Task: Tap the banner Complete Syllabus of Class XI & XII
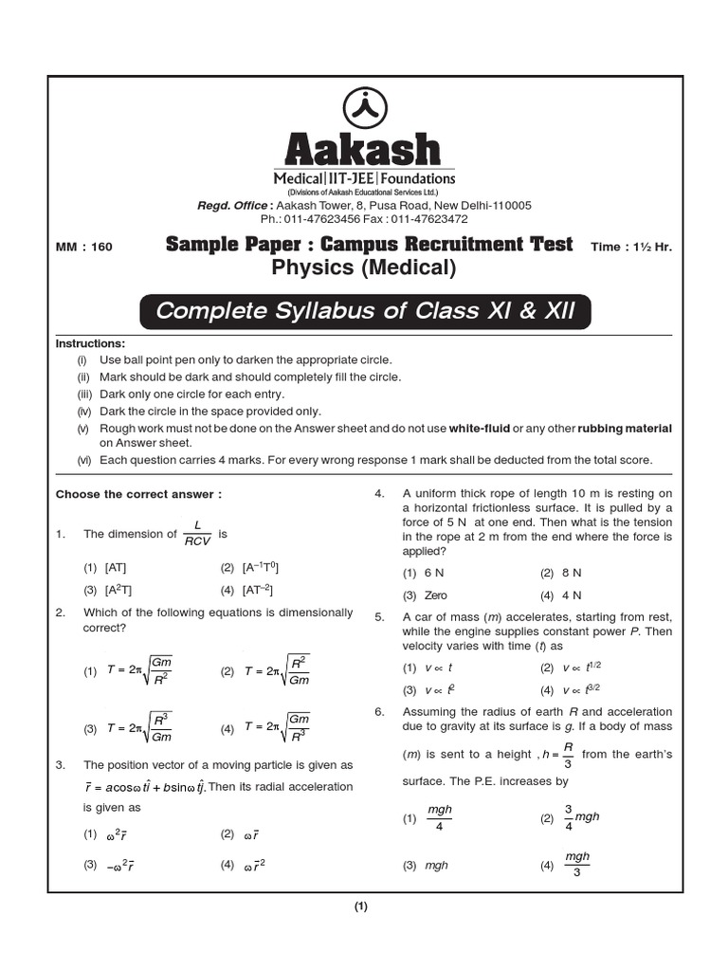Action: [x=365, y=312]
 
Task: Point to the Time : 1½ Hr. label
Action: [x=631, y=247]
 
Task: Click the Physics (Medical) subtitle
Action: [x=364, y=268]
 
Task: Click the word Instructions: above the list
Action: [x=90, y=343]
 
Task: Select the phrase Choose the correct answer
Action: [x=139, y=494]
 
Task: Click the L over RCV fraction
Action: [x=197, y=535]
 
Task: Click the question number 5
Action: [x=379, y=617]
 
